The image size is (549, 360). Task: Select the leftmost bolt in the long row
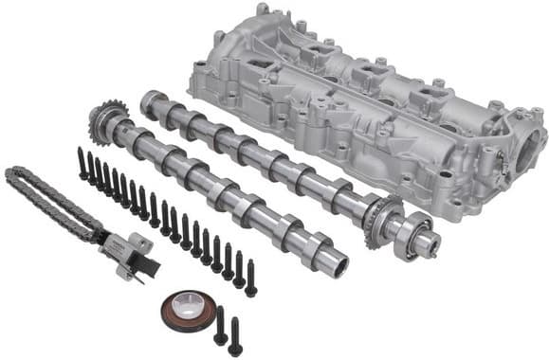click(84, 167)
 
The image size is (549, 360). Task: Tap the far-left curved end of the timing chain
click(11, 175)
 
